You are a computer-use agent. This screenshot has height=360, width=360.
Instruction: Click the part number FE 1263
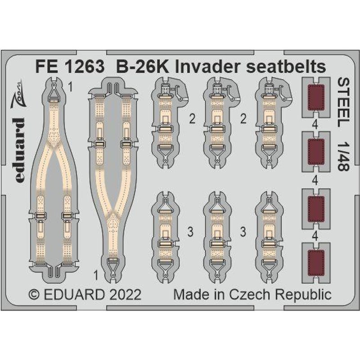pyautogui.click(x=70, y=67)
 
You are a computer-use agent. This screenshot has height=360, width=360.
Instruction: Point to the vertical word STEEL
pyautogui.click(x=343, y=102)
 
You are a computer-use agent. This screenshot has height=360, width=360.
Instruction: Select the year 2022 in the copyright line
pyautogui.click(x=125, y=295)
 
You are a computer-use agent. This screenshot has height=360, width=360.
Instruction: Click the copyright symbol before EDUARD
pyautogui.click(x=34, y=295)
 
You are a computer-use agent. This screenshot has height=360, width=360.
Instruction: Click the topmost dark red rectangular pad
pyautogui.click(x=316, y=97)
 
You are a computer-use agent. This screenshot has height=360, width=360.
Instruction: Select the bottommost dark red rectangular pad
pyautogui.click(x=316, y=263)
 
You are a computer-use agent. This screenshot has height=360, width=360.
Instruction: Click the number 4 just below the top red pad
pyautogui.click(x=315, y=126)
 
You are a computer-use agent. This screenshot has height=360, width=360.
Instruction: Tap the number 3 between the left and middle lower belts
pyautogui.click(x=190, y=232)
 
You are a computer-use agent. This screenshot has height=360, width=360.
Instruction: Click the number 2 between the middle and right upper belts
pyautogui.click(x=243, y=119)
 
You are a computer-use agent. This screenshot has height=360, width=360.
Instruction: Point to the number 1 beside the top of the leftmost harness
pyautogui.click(x=71, y=87)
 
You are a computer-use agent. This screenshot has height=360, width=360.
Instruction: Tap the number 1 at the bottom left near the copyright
pyautogui.click(x=96, y=275)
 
